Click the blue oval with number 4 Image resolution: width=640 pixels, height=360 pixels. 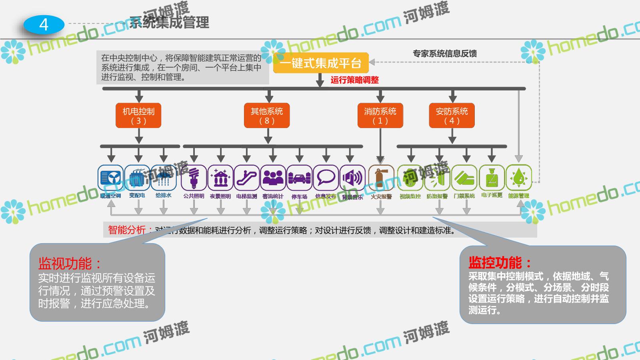pyautogui.click(x=44, y=25)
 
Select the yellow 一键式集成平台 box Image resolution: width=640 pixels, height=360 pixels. pyautogui.click(x=320, y=63)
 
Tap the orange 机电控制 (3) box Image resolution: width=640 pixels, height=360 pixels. pyautogui.click(x=138, y=116)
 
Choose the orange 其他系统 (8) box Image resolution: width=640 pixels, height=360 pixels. pyautogui.click(x=267, y=116)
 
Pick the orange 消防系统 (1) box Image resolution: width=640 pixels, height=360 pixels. pyautogui.click(x=380, y=116)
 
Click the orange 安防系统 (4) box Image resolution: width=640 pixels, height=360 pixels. pyautogui.click(x=452, y=116)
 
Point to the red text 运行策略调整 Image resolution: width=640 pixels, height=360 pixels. pyautogui.click(x=354, y=80)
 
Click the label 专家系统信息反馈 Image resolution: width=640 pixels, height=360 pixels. pyautogui.click(x=444, y=54)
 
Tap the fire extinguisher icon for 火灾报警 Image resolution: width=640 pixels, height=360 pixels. pyautogui.click(x=381, y=178)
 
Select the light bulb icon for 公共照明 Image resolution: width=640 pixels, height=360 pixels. pyautogui.click(x=194, y=178)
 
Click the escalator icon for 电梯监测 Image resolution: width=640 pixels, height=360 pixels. pyautogui.click(x=247, y=178)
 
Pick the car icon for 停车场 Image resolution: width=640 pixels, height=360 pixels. pyautogui.click(x=300, y=178)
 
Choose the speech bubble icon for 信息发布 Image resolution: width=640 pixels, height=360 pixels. pyautogui.click(x=326, y=178)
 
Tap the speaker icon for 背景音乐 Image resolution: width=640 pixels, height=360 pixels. pyautogui.click(x=352, y=178)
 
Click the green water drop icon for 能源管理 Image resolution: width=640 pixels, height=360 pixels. pyautogui.click(x=519, y=178)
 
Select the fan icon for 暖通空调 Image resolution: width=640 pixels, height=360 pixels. pyautogui.click(x=111, y=178)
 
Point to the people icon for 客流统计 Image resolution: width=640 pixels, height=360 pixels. pyautogui.click(x=273, y=178)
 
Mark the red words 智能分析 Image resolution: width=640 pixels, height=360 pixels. pyautogui.click(x=127, y=230)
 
